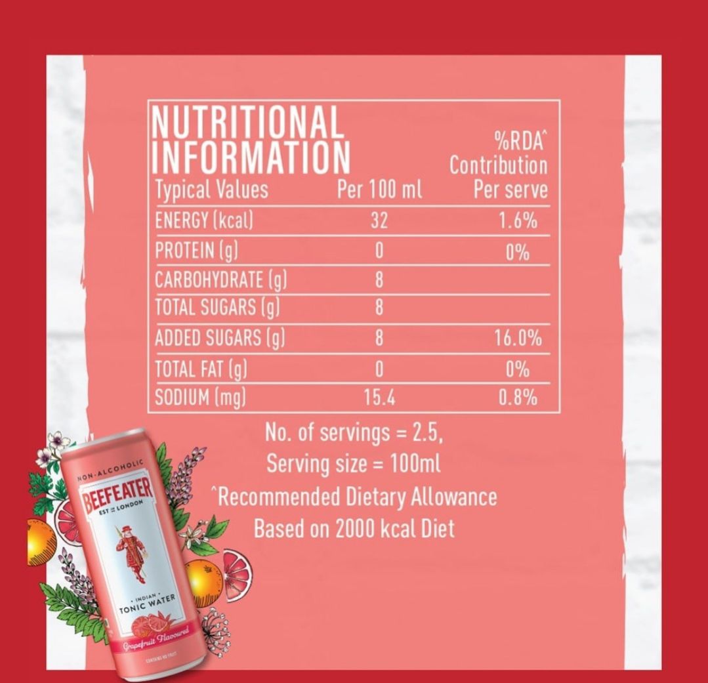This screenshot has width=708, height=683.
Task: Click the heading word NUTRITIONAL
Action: coord(247,122)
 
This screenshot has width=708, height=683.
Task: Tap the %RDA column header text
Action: coord(520,141)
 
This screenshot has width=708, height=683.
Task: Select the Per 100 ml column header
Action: coord(379,190)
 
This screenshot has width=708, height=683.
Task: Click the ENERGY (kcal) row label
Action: coord(204,220)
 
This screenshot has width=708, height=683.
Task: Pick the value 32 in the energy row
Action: coord(379,221)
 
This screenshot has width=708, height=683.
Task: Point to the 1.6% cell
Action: coord(518,221)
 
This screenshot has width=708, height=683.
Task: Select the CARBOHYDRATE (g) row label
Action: coord(221,280)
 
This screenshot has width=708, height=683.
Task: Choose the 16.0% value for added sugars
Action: coord(518,339)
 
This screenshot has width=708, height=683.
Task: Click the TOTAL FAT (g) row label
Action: coord(201,369)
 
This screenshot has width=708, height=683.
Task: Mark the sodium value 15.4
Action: coord(379,398)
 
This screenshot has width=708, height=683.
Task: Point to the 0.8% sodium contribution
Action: coord(518,398)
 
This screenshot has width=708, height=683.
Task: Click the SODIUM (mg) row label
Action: coord(200,398)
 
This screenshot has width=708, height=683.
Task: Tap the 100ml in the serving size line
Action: coord(415,465)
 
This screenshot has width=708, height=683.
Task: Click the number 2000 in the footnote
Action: coord(355,528)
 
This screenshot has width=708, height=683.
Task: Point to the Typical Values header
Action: coord(211,190)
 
